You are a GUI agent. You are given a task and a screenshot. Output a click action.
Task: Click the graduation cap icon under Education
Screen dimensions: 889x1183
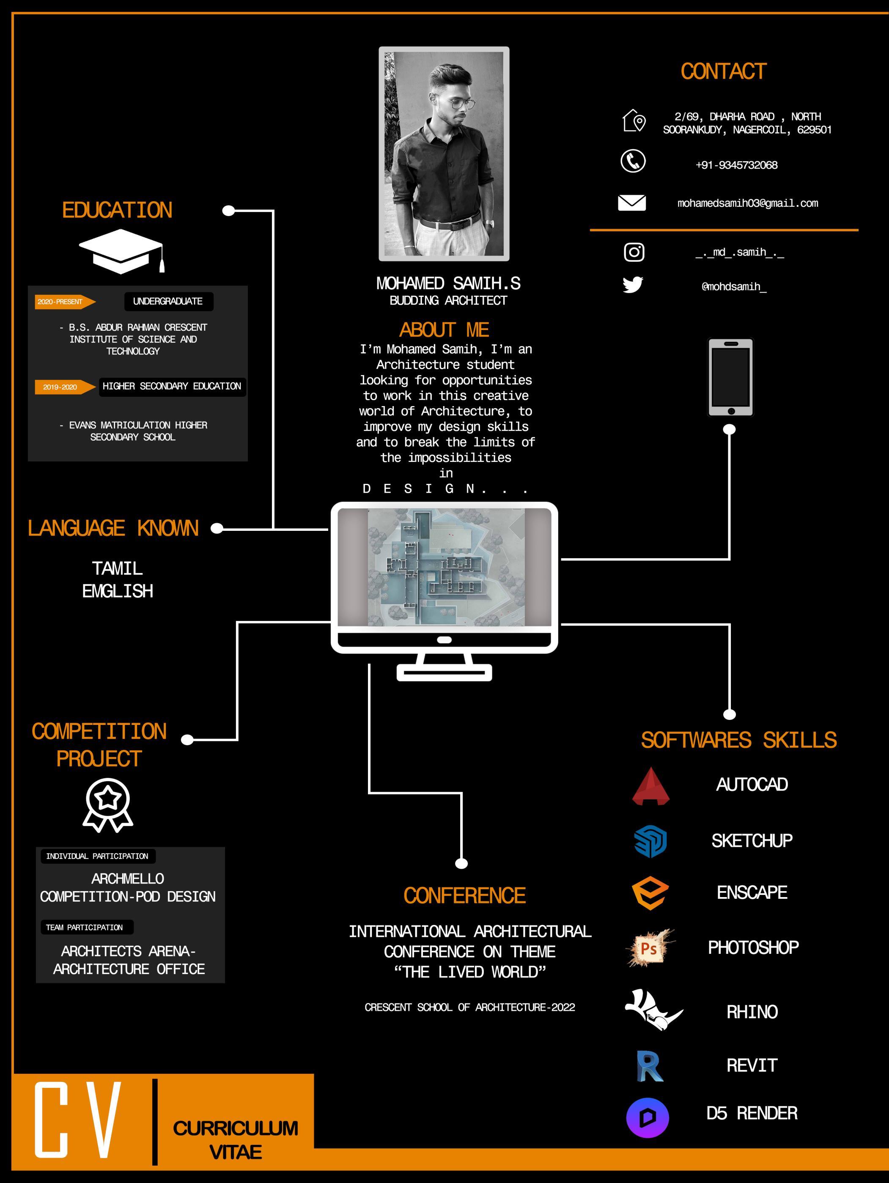121,251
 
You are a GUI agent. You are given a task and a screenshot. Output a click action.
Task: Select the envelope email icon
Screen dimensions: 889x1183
632,203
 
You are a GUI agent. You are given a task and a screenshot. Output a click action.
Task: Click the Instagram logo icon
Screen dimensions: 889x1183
634,252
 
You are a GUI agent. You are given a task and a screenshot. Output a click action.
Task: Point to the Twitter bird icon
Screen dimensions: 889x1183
633,285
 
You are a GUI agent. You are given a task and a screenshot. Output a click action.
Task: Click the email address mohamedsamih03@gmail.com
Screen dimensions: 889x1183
747,203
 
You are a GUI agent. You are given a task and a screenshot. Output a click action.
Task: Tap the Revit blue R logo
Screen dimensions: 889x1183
649,1066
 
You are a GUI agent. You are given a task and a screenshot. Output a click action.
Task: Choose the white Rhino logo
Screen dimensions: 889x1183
653,1010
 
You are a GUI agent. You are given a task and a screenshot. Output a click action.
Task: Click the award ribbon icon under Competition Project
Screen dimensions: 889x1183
108,805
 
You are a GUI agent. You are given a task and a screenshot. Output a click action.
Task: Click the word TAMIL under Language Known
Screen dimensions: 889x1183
117,568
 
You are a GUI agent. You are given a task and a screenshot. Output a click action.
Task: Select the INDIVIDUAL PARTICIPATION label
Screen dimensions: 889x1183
97,856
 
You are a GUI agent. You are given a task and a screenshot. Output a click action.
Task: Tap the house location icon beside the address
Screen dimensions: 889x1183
634,121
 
